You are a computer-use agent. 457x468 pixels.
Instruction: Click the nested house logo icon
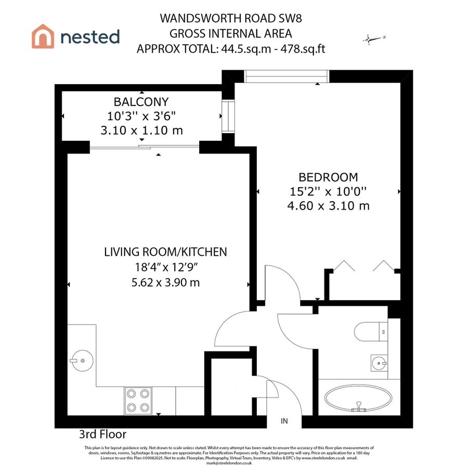point(43,37)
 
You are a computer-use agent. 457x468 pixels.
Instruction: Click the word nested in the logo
point(90,37)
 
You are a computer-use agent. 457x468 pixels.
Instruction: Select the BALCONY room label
point(141,102)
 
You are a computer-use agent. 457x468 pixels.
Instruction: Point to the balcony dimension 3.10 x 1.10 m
point(141,131)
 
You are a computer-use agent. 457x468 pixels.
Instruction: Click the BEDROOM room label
point(328,177)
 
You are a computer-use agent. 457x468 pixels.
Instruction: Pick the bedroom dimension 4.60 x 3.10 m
point(328,206)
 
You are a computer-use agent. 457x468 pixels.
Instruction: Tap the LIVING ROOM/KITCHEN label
point(165,252)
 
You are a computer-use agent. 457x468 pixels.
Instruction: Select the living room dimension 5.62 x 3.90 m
point(165,283)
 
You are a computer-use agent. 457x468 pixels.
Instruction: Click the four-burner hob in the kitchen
point(138,400)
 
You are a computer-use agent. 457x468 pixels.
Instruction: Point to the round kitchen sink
point(81,359)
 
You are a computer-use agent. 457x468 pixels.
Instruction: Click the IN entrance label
point(284,421)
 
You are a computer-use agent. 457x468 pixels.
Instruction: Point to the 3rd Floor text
point(102,434)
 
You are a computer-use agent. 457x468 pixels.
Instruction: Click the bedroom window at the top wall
point(286,76)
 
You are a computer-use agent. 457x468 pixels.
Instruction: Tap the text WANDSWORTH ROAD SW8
point(231,19)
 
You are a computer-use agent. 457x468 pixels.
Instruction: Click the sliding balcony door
point(143,148)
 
